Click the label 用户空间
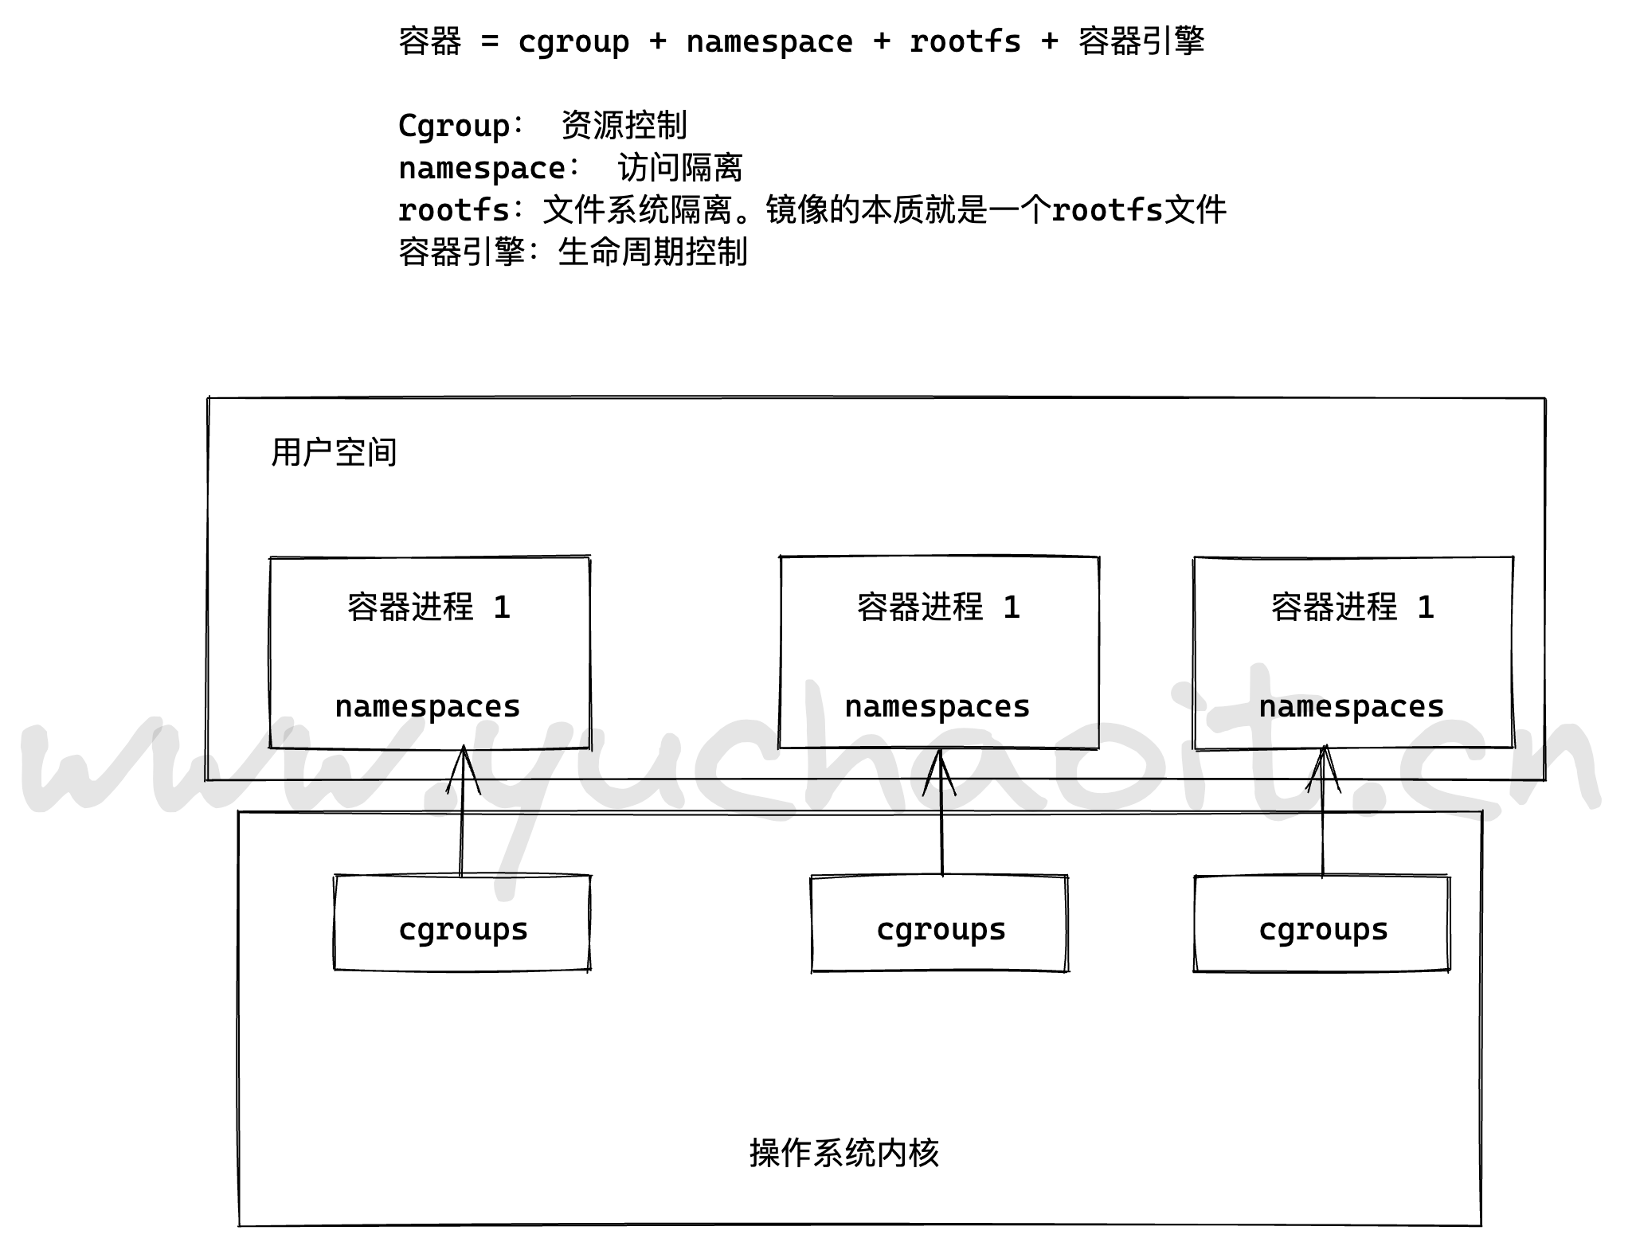click(x=334, y=452)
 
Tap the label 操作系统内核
click(x=844, y=1153)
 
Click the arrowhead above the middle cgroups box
click(x=940, y=769)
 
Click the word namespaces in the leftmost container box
click(x=428, y=707)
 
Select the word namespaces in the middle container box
click(x=937, y=707)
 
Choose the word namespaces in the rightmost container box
click(x=1352, y=707)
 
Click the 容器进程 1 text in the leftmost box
click(x=429, y=607)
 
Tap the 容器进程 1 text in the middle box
click(x=938, y=607)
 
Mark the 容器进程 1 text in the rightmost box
click(x=1352, y=607)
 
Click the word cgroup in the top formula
click(x=573, y=42)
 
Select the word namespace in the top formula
click(x=769, y=42)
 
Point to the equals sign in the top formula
click(x=490, y=42)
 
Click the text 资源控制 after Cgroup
click(x=624, y=125)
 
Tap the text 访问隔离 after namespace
click(x=680, y=168)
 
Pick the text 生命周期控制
click(x=653, y=252)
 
